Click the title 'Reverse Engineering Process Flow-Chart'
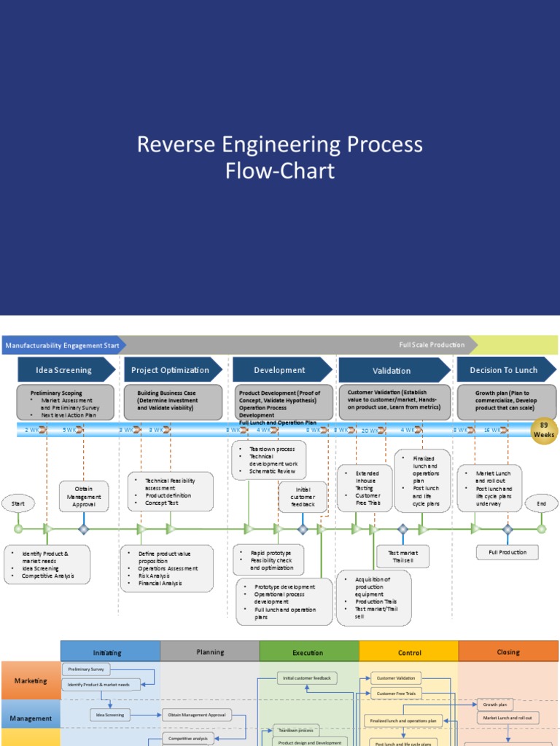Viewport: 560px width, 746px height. [x=280, y=157]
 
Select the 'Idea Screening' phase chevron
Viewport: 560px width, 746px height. [x=64, y=370]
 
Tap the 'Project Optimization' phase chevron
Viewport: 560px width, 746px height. [x=171, y=370]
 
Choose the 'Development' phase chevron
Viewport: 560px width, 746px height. [x=279, y=370]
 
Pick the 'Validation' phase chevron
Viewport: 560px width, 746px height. [x=392, y=371]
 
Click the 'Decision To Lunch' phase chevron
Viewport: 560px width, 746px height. [x=504, y=370]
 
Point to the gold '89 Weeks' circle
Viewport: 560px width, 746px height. [x=543, y=429]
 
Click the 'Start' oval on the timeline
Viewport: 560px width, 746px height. [x=18, y=503]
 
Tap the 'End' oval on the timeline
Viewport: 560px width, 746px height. [x=541, y=503]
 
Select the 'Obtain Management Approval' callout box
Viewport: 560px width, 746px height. [x=84, y=496]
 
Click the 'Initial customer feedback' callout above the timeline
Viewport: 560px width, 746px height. [x=303, y=497]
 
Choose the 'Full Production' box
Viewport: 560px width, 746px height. [x=507, y=552]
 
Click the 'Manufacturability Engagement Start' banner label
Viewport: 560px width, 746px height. [x=62, y=345]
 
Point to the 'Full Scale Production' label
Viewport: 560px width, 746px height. [x=432, y=345]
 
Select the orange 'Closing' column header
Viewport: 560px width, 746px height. [x=508, y=652]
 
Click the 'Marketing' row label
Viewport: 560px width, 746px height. [x=31, y=681]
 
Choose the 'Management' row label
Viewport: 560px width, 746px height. [x=31, y=718]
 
